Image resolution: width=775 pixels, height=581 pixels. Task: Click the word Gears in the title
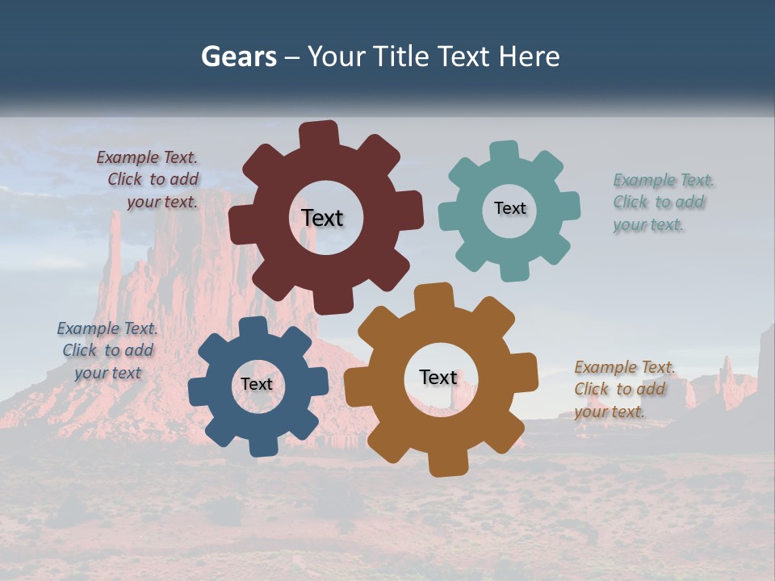(x=238, y=56)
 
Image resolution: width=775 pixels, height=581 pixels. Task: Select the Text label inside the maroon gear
(x=322, y=218)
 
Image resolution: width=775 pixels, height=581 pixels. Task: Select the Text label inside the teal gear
(x=509, y=208)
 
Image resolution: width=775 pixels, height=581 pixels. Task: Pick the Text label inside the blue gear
(x=257, y=384)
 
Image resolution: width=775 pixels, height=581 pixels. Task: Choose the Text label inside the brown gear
(x=438, y=377)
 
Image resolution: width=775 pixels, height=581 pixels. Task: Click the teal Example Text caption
(x=660, y=202)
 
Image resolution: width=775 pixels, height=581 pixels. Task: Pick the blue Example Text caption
(x=107, y=350)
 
